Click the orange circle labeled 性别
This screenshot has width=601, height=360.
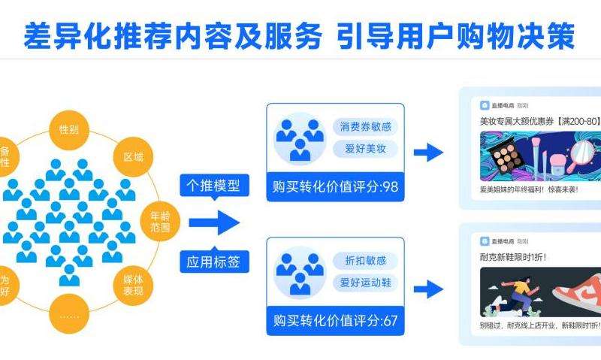pos(69,129)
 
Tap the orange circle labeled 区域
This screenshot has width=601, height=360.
pos(134,158)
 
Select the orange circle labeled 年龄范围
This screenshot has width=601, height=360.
pos(160,217)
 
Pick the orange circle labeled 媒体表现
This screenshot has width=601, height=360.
pos(133,285)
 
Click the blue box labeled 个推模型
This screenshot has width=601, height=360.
pos(213,185)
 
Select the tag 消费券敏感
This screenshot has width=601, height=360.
pos(365,126)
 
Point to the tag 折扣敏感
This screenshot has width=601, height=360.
pos(365,260)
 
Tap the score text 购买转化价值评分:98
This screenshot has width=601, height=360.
pos(335,186)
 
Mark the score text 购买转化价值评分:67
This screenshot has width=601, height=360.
pos(335,321)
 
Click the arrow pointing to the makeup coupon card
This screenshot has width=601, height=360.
pos(429,153)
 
